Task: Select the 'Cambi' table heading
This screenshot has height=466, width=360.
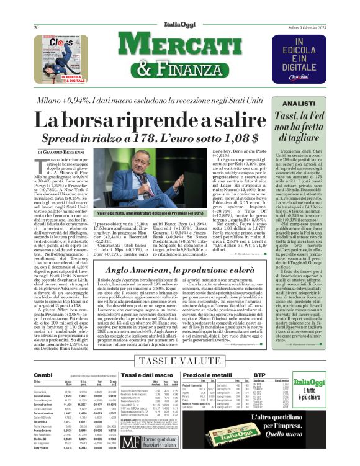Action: pos(43,375)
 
